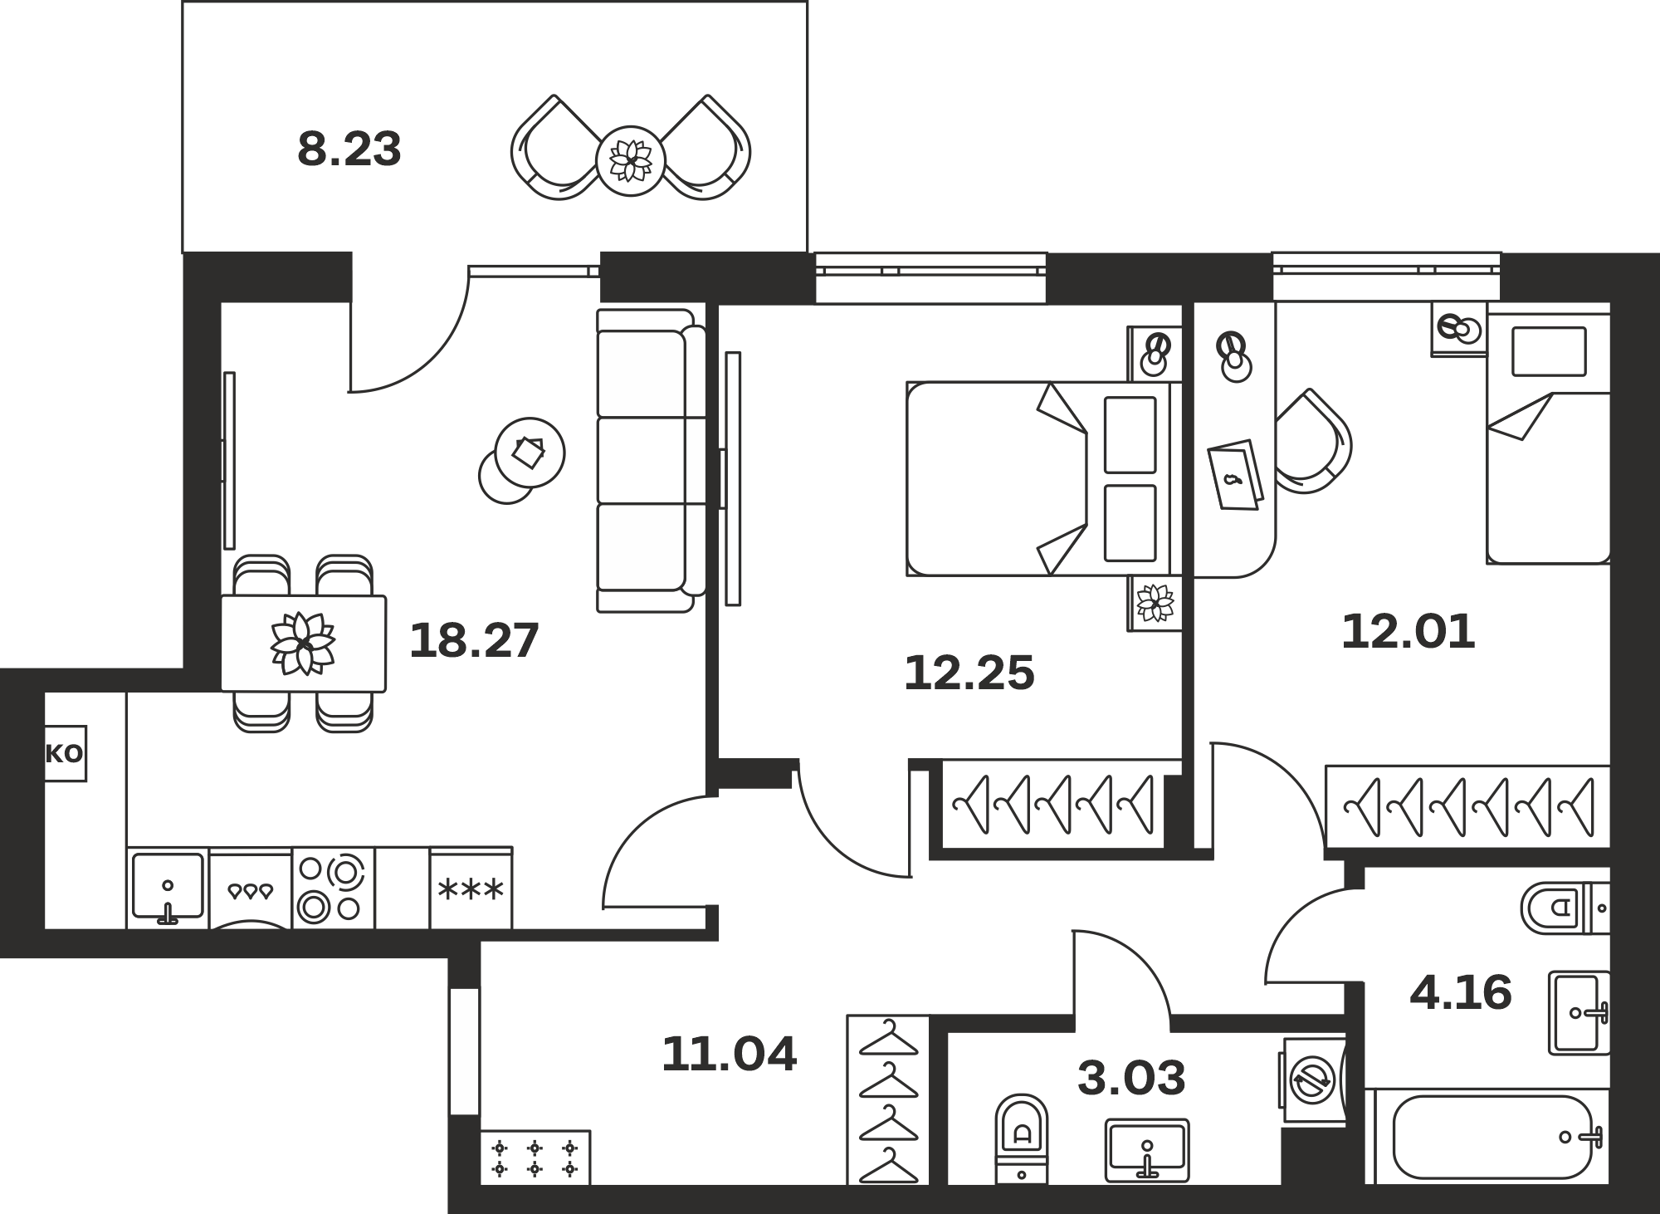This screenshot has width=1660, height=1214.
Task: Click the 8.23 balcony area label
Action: point(349,150)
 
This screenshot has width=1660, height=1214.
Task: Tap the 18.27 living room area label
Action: point(475,641)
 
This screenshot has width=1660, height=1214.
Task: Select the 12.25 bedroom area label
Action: point(969,673)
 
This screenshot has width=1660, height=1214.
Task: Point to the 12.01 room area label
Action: point(1409,632)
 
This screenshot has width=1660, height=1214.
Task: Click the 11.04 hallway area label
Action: point(730,1054)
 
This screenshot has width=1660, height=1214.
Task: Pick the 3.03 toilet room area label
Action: point(1131,1078)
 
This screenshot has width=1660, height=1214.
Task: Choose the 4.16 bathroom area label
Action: point(1461,993)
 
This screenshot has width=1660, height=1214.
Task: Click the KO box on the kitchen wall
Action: point(65,754)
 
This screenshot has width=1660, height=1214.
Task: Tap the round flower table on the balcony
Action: point(631,161)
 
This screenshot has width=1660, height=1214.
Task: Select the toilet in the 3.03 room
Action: point(1022,1138)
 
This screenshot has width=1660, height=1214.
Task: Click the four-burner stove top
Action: point(333,888)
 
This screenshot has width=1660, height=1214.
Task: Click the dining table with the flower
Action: point(304,644)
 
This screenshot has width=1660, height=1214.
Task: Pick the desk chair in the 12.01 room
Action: point(1313,441)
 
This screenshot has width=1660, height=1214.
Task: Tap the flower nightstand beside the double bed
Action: point(1154,603)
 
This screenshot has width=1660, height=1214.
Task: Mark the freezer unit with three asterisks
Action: point(471,888)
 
